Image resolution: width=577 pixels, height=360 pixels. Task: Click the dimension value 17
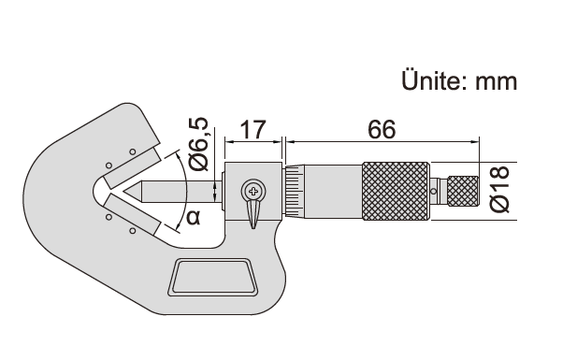click(x=252, y=130)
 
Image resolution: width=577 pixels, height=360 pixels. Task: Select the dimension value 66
click(x=382, y=130)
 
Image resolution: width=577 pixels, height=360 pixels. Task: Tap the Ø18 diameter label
click(x=500, y=189)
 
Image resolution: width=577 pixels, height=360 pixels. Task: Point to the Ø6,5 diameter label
click(x=198, y=144)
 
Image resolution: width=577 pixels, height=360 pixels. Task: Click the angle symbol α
click(x=194, y=217)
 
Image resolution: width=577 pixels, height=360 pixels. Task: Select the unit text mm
click(x=496, y=82)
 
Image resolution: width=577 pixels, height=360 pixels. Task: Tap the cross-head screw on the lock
click(x=253, y=191)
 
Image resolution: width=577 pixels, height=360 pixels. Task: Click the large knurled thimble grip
click(x=396, y=191)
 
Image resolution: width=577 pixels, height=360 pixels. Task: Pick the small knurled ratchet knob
click(x=463, y=192)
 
